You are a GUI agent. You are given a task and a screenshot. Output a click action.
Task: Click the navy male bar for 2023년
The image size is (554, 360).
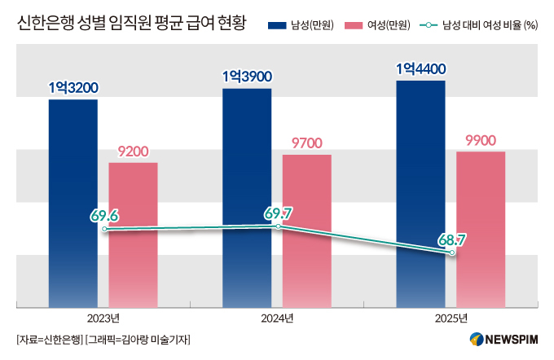[73, 204]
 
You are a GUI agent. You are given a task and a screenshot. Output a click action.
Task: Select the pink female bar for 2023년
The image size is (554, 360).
[133, 235]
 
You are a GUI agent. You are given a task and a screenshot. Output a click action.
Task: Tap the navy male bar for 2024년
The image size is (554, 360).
[247, 198]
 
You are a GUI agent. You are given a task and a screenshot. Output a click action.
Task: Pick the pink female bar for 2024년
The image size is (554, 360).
[307, 231]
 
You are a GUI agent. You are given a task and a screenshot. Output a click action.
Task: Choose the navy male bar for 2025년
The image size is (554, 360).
[421, 194]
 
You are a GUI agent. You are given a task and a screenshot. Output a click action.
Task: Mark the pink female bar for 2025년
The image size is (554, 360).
[481, 230]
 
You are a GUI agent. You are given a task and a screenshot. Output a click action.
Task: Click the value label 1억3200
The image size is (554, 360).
[73, 88]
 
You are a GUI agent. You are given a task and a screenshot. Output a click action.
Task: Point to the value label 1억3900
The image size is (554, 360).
[248, 77]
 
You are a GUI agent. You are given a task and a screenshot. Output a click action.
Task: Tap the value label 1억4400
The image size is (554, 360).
[421, 69]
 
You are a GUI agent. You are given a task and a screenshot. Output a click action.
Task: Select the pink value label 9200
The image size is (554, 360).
[133, 151]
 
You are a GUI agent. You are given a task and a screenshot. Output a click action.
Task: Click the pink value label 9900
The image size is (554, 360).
[481, 141]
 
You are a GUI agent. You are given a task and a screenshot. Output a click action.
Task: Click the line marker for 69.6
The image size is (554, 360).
[104, 230]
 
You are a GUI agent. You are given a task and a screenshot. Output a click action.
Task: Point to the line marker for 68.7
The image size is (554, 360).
[452, 252]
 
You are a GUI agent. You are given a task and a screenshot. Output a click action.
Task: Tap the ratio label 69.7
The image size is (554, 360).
[279, 213]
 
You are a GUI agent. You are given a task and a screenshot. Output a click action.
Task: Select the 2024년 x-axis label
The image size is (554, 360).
[277, 318]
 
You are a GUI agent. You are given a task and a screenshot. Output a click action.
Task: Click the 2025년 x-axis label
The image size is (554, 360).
[451, 318]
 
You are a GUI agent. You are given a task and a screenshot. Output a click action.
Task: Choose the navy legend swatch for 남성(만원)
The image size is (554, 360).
[277, 25]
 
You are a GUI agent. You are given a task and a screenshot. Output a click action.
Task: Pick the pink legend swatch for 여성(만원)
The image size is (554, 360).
[354, 25]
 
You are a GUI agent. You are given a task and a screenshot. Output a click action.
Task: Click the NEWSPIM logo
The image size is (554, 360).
[503, 340]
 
